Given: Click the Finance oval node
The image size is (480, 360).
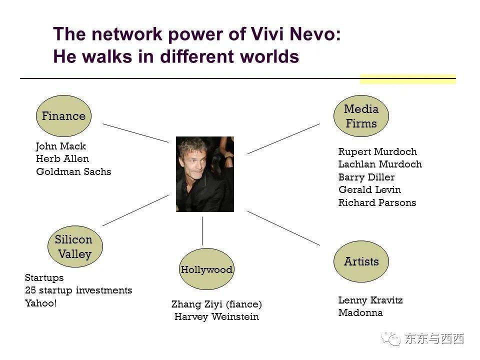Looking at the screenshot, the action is [63, 116].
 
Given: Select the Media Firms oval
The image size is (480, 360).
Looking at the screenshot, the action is [361, 116].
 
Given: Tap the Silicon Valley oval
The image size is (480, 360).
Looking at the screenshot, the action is [75, 246].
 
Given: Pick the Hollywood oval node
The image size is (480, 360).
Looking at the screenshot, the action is [206, 269].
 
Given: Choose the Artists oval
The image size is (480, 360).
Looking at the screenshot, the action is [361, 261].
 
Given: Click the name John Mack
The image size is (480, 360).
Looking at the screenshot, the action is [61, 146].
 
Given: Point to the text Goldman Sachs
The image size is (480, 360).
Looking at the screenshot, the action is [73, 171].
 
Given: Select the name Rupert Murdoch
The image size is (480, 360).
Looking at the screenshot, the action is [377, 151].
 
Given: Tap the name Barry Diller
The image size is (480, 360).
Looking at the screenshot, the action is [366, 177].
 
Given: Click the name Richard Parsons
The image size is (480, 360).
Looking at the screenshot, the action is [377, 202].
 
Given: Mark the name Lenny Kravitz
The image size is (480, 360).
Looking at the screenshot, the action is [370, 300].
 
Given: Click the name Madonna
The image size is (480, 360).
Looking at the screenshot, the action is [360, 312].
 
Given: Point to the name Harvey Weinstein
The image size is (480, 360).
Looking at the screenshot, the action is [216, 316].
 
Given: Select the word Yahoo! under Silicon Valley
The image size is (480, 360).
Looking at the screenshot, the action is [40, 303].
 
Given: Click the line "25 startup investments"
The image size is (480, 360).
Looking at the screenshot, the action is [78, 290].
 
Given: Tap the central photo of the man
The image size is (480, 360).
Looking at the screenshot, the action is [205, 174].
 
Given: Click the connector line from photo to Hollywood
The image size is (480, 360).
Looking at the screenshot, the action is [202, 231].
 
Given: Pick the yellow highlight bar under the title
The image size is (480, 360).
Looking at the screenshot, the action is [408, 79].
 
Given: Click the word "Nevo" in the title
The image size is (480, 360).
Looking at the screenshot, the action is [315, 33].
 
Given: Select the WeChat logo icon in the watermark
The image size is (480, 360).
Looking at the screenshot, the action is [390, 338].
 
